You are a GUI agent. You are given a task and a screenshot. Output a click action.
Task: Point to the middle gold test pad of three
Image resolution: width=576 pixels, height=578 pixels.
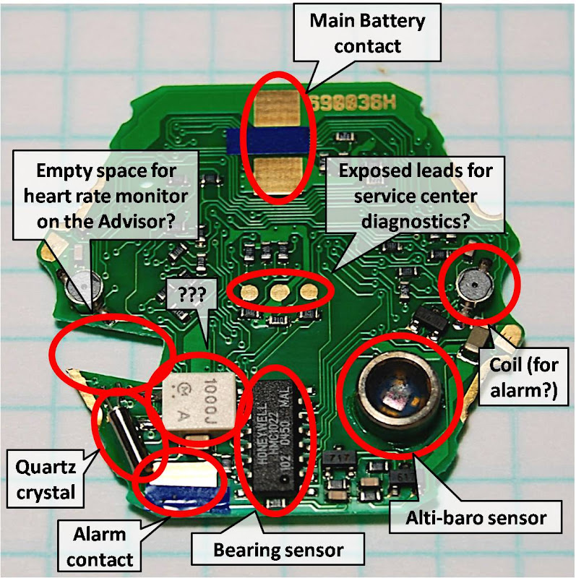(x=280, y=292)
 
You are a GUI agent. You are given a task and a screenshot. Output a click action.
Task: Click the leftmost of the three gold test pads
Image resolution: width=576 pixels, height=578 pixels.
(x=250, y=291)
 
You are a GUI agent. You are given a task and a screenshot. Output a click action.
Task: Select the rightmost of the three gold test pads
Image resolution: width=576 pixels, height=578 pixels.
(x=309, y=292)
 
